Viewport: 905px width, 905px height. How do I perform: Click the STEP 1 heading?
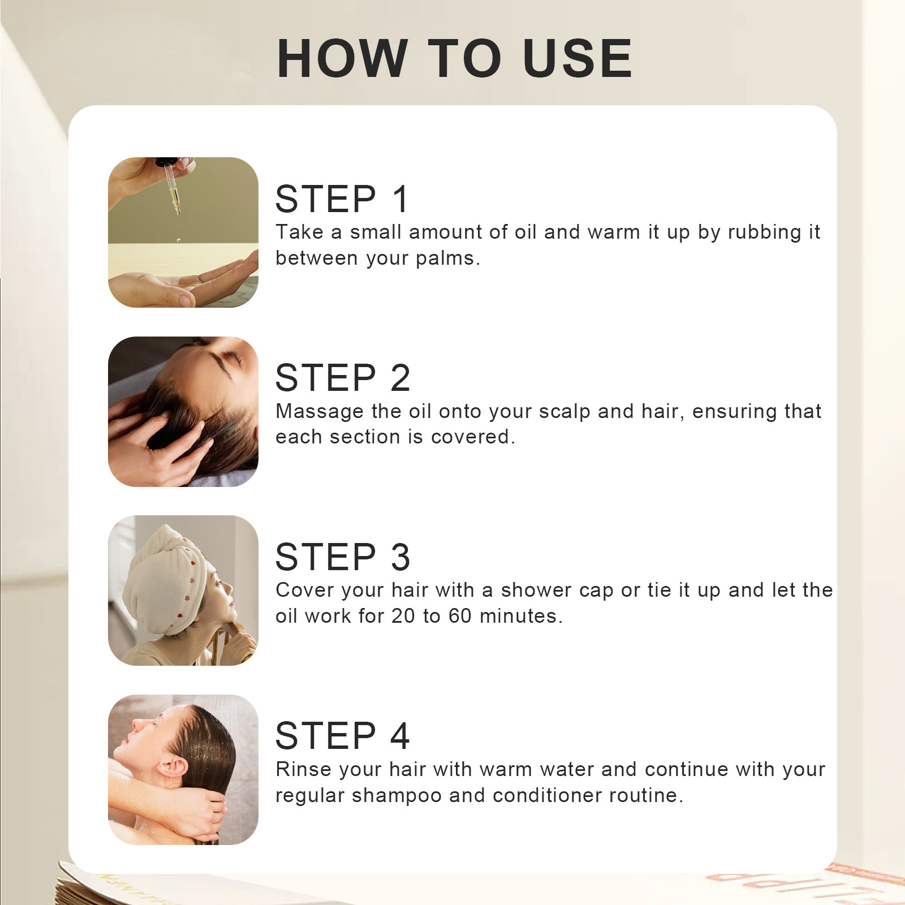coord(342,199)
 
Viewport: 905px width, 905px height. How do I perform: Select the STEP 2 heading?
coord(343,378)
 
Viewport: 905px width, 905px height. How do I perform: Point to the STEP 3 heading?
coord(343,557)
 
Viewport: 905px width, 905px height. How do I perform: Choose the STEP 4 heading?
coord(343,736)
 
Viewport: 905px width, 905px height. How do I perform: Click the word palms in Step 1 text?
coord(447,259)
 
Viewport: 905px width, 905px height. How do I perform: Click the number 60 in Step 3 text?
coord(460,616)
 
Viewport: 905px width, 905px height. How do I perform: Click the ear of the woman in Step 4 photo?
coord(171,769)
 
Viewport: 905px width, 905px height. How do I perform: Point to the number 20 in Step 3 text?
coord(403,616)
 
